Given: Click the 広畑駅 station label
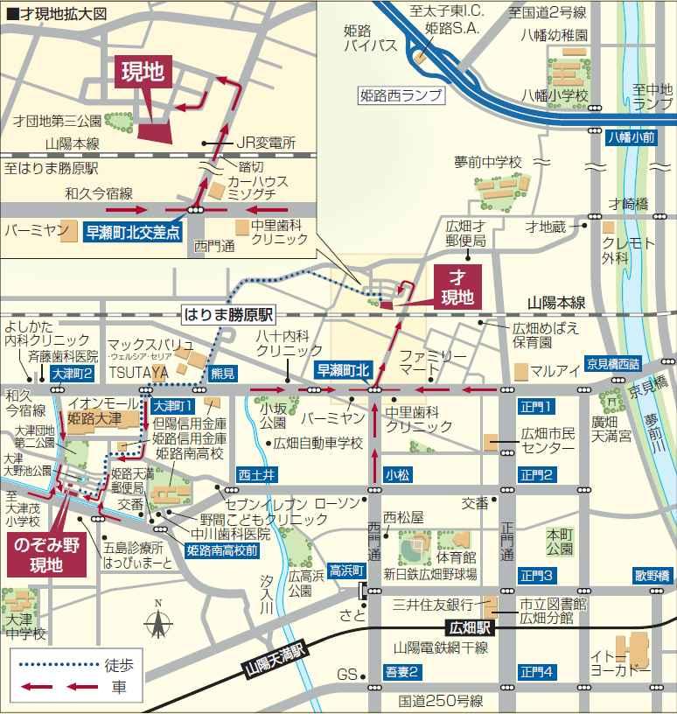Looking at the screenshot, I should coord(470,628).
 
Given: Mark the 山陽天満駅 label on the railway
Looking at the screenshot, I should coord(278,661).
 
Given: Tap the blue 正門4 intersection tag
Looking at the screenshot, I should coord(535,672).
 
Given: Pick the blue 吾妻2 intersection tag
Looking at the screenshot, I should coord(401,672).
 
